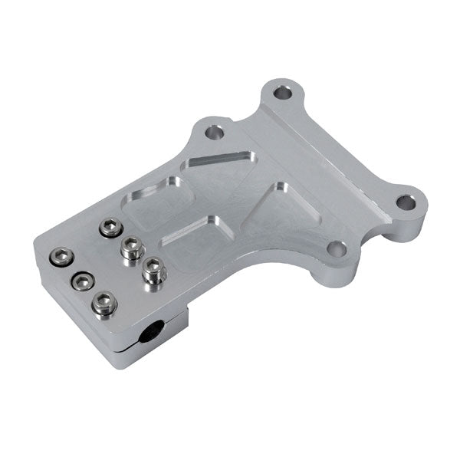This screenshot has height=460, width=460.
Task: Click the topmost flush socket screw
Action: click(x=111, y=228)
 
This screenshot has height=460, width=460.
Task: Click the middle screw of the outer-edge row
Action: click(x=81, y=281)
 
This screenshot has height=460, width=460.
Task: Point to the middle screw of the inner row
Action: click(x=133, y=247)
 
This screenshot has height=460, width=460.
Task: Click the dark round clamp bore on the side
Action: click(x=149, y=335)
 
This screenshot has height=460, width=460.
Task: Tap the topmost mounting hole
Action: click(x=283, y=94)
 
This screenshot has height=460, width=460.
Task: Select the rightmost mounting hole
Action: click(x=406, y=204)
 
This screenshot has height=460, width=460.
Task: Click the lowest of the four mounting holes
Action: click(x=336, y=248)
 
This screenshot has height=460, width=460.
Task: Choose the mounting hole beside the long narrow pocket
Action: click(x=215, y=133)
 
